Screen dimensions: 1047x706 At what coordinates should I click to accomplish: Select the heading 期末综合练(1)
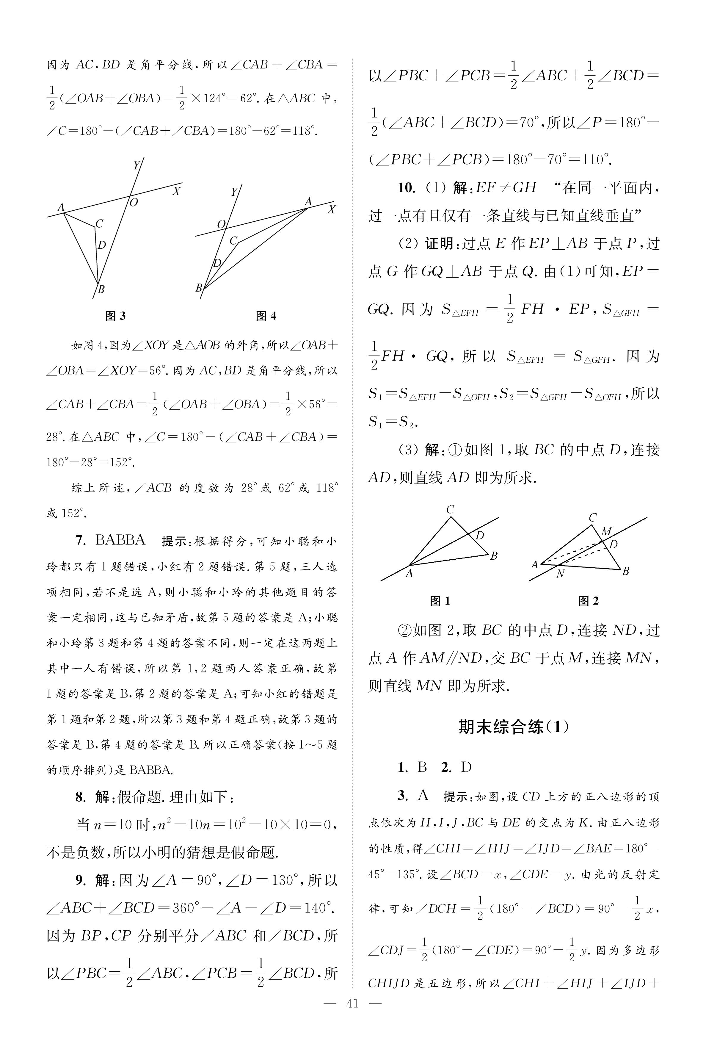click(513, 727)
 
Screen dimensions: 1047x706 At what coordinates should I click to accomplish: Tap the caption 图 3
click(115, 316)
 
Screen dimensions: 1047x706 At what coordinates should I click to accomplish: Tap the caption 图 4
click(266, 316)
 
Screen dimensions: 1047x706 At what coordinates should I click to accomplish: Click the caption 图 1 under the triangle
click(440, 601)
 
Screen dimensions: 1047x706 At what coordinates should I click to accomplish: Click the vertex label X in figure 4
click(331, 209)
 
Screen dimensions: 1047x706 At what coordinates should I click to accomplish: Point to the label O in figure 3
click(134, 203)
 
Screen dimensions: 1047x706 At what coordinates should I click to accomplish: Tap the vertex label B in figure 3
click(101, 289)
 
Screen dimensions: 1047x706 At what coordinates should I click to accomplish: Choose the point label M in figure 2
click(606, 532)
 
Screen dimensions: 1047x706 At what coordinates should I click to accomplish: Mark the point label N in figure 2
click(560, 574)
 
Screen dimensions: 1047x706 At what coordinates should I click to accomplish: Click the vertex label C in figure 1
click(450, 509)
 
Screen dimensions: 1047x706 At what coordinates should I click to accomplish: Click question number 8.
click(80, 797)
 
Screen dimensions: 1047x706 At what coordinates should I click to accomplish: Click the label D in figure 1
click(479, 536)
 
